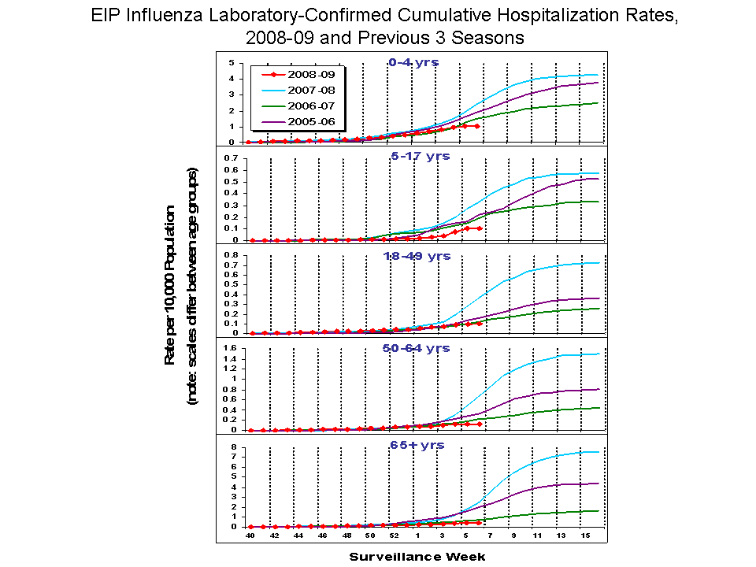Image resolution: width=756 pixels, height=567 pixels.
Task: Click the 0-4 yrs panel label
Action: tap(413, 62)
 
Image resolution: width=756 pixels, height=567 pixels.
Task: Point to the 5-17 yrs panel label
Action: tap(420, 156)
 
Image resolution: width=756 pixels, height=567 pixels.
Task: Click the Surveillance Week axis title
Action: tap(417, 557)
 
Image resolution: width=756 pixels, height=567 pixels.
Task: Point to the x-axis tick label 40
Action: tap(250, 535)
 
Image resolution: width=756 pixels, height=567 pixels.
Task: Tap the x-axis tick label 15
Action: tap(585, 535)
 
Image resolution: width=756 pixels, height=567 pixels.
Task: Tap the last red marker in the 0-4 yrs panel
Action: tap(477, 126)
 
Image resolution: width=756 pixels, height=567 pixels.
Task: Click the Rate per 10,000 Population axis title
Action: tap(169, 285)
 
